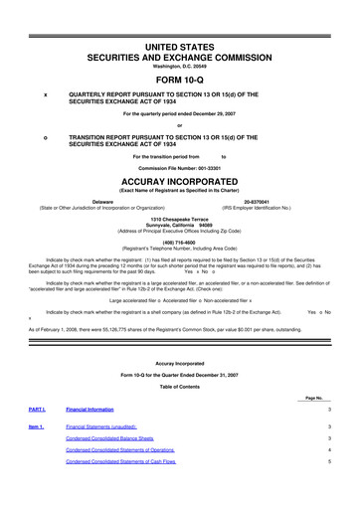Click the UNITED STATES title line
[180, 20]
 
